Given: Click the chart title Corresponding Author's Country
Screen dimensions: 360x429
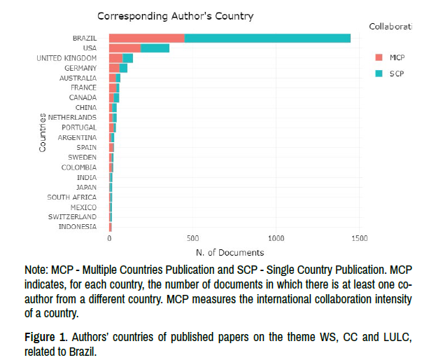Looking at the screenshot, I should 175,15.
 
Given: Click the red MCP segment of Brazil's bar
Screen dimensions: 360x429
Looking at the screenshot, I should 147,38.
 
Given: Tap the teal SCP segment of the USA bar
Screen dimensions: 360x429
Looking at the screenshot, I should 155,48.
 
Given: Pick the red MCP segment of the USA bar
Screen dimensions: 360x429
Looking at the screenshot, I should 125,48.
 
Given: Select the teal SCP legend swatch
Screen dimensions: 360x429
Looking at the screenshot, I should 379,73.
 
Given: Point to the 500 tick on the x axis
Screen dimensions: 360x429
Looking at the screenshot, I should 193,238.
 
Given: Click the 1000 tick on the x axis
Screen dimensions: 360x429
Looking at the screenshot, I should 276,238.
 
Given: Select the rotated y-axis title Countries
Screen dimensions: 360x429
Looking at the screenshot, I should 43,132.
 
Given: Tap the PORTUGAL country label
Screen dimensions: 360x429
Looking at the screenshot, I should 79,127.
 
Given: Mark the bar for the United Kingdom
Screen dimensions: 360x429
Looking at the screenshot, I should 121,57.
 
